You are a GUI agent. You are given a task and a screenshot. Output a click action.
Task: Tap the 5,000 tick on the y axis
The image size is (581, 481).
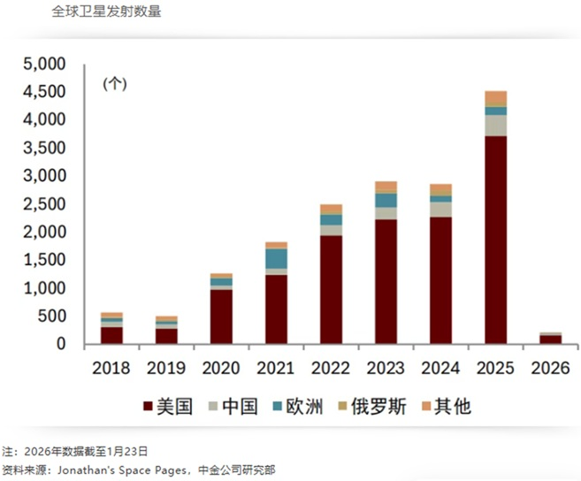point(44,65)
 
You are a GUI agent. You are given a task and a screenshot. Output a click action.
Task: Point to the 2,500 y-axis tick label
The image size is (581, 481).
point(44,204)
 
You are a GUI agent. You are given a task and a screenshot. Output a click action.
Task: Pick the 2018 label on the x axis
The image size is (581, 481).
point(111,368)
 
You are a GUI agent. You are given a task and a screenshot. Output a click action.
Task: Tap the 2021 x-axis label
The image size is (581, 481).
point(276,368)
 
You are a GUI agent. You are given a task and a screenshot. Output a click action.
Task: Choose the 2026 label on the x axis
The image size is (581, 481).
point(549,368)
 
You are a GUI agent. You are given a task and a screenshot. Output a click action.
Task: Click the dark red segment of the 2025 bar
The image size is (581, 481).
point(495,239)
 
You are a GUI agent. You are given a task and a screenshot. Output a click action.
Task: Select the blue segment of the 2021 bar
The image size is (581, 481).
point(276,258)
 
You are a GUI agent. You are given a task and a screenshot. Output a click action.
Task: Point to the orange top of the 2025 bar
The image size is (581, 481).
point(495,96)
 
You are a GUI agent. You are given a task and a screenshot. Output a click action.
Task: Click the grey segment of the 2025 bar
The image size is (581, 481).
point(495,125)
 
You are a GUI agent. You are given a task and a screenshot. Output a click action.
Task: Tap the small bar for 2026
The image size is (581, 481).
point(549,339)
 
